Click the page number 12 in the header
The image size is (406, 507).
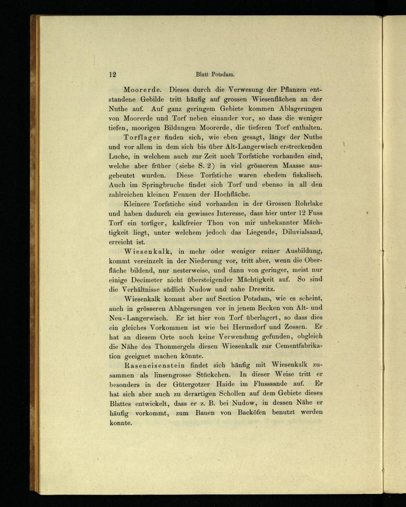coord(112,74)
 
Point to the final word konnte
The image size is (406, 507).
coord(121,423)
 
